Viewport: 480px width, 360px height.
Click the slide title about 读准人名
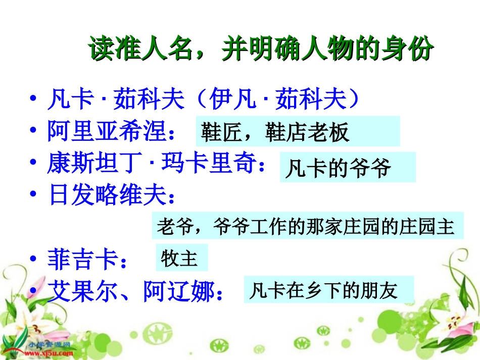(261, 49)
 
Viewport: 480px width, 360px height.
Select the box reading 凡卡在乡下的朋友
(328, 290)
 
